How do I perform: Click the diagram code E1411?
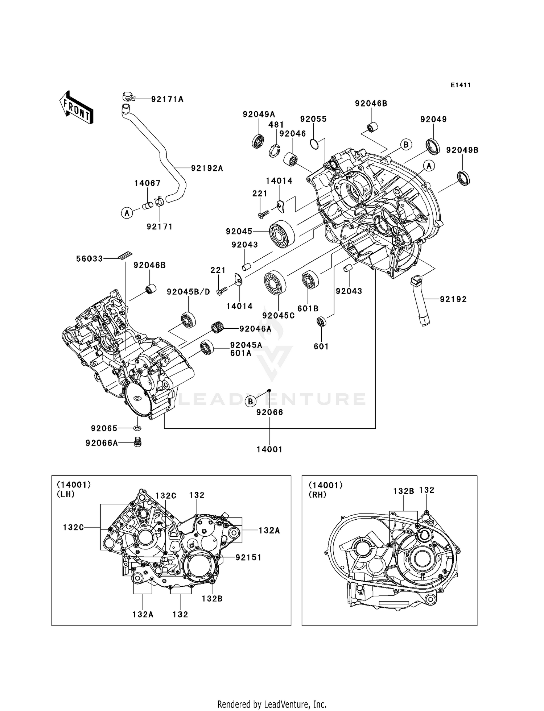461,85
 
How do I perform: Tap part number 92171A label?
167,99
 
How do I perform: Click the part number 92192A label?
207,168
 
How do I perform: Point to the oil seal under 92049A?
258,141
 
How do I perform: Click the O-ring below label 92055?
314,144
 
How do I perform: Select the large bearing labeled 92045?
282,234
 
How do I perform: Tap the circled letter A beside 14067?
127,213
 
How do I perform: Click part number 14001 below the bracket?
269,449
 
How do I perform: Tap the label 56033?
89,259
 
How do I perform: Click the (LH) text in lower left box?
66,494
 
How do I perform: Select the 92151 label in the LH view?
248,557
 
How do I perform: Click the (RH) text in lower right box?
317,495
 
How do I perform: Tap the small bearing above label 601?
321,321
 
